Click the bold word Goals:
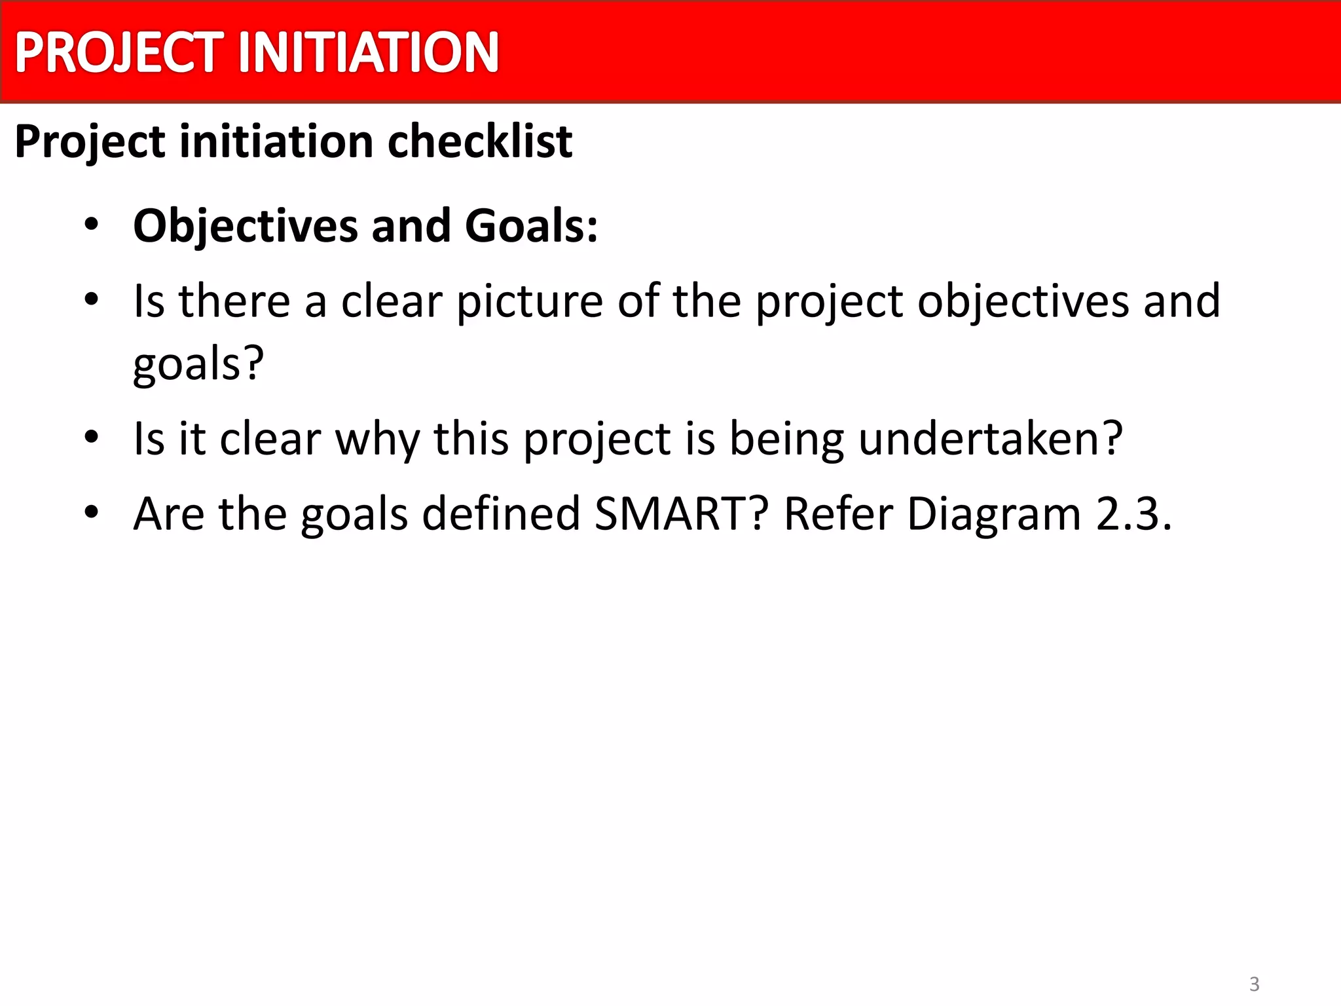pos(531,226)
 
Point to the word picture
pos(529,302)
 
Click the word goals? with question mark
pos(198,364)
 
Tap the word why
pos(377,439)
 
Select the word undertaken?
pos(991,438)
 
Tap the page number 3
pos(1254,984)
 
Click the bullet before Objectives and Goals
pos(91,225)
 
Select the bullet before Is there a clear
pos(91,300)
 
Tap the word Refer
pos(838,513)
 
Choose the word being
pos(786,439)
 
